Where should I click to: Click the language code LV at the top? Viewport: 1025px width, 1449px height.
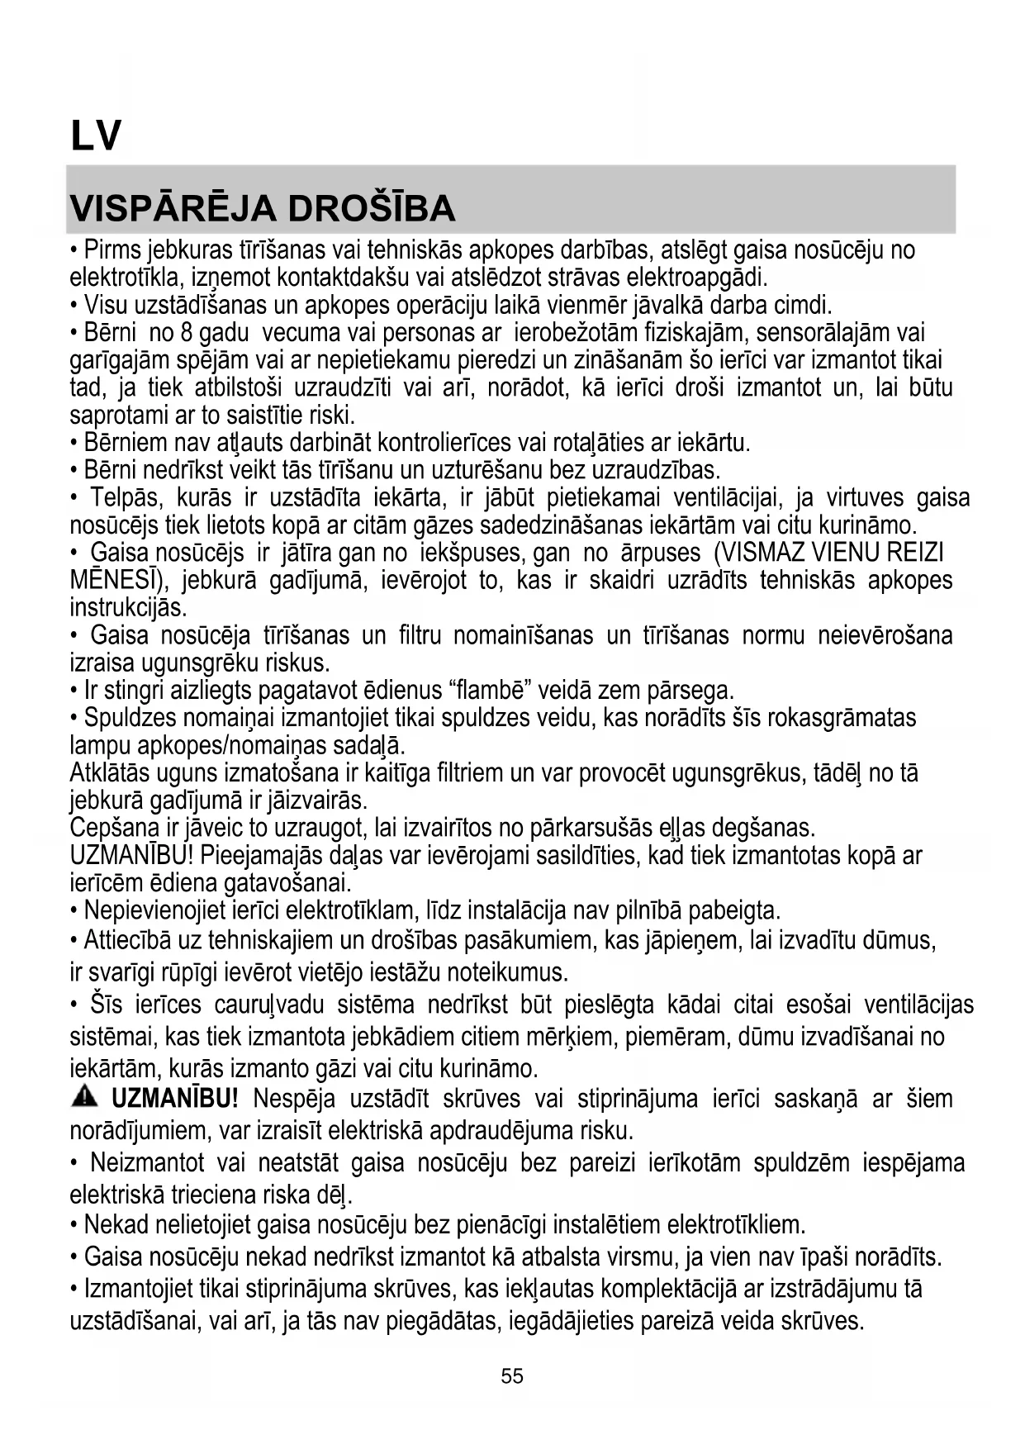96,135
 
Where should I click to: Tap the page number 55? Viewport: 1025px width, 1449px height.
512,1376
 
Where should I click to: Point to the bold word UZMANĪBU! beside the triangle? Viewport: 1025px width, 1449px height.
175,1100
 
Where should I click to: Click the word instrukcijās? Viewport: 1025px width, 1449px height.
129,608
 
